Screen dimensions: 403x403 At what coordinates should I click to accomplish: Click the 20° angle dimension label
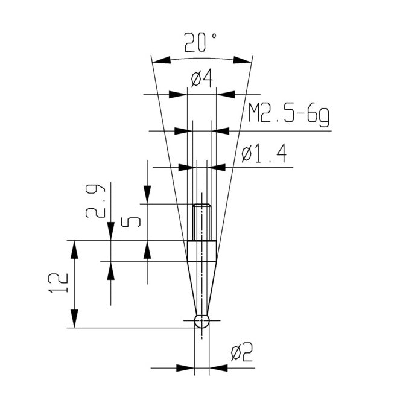pyautogui.click(x=200, y=43)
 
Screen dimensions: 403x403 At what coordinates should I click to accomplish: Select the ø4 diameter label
pyautogui.click(x=202, y=79)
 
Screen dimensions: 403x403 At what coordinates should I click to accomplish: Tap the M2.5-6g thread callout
pyautogui.click(x=288, y=114)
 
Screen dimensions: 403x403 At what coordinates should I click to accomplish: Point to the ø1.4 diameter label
pyautogui.click(x=264, y=154)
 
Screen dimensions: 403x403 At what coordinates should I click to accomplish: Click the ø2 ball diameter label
pyautogui.click(x=241, y=352)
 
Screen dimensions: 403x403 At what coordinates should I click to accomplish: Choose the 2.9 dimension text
pyautogui.click(x=95, y=201)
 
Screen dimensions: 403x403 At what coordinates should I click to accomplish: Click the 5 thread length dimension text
pyautogui.click(x=131, y=223)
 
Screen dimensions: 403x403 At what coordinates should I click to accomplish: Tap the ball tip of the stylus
pyautogui.click(x=202, y=321)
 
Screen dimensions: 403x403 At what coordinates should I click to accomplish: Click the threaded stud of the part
pyautogui.click(x=202, y=223)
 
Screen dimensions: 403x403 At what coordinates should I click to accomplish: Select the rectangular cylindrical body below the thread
pyautogui.click(x=202, y=251)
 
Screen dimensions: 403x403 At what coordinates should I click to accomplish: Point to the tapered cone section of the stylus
pyautogui.click(x=202, y=288)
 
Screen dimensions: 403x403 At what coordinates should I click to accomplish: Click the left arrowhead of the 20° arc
pyautogui.click(x=162, y=60)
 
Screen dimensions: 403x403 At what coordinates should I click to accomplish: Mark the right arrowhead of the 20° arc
pyautogui.click(x=242, y=60)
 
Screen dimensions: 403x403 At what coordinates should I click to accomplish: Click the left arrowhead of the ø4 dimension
pyautogui.click(x=178, y=95)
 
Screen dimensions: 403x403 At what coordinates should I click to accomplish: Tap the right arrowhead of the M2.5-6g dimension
pyautogui.click(x=220, y=131)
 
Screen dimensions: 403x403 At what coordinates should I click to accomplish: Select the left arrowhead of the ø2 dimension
pyautogui.click(x=185, y=368)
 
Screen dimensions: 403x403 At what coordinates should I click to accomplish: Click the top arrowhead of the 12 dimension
pyautogui.click(x=75, y=250)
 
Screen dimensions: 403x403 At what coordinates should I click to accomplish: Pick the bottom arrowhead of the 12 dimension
pyautogui.click(x=75, y=319)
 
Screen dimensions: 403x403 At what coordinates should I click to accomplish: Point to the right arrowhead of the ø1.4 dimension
pyautogui.click(x=217, y=168)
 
